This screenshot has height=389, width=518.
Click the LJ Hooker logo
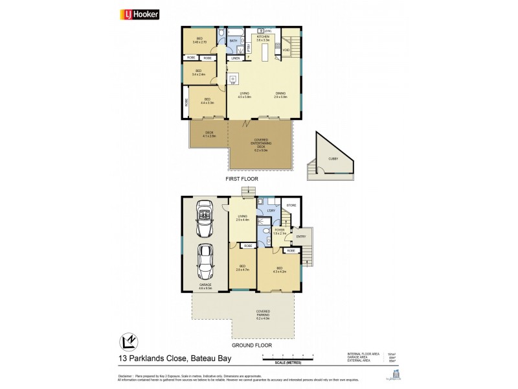pos(138,14)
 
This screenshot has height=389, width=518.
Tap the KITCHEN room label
pos(263,38)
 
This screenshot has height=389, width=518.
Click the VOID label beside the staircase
pos(286,50)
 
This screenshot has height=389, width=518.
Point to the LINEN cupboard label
pos(236,59)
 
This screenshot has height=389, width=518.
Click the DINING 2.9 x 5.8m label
pos(280,95)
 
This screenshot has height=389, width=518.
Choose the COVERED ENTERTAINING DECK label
pos(262,145)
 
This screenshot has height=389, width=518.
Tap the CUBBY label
pos(332,158)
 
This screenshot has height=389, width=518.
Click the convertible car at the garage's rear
pos(205,221)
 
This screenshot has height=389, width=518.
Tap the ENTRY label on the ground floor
pos(300,236)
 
